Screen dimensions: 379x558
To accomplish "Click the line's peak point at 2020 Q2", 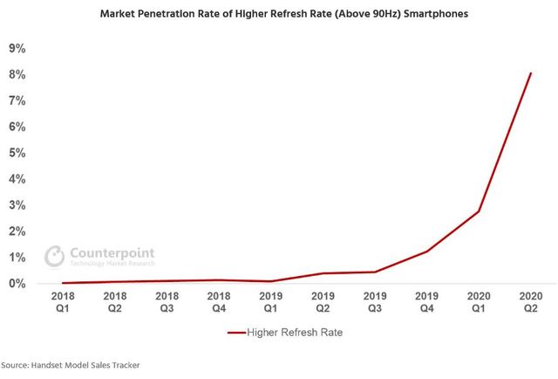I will click(530, 73).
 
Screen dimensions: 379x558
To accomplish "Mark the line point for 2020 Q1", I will click(479, 211).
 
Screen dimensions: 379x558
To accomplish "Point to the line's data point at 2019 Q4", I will click(427, 252).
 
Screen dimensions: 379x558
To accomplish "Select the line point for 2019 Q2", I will click(323, 273).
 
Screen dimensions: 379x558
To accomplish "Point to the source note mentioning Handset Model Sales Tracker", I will click(70, 364).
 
